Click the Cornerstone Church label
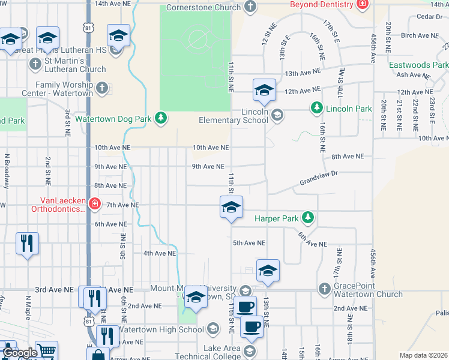click(x=203, y=7)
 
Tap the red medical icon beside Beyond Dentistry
click(x=362, y=5)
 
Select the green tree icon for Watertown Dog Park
click(x=160, y=118)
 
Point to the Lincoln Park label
click(x=349, y=109)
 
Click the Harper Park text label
click(x=276, y=218)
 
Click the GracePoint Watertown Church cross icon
click(x=324, y=289)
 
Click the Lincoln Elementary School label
click(x=234, y=116)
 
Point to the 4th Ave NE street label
click(x=158, y=253)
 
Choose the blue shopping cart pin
click(x=46, y=351)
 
